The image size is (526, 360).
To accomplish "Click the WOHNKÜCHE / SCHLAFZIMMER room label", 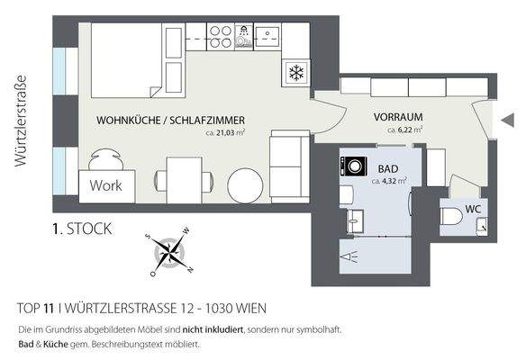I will click(x=170, y=120).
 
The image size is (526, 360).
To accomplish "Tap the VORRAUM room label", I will click(x=398, y=117).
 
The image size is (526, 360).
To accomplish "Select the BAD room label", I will click(x=389, y=168).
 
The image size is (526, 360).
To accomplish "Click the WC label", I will click(x=473, y=210).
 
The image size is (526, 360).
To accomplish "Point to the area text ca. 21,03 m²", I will click(x=225, y=132).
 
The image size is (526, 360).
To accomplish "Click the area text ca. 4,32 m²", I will click(x=389, y=180).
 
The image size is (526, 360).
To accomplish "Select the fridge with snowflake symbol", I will click(x=295, y=71).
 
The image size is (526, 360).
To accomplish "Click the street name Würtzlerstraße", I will click(x=19, y=121).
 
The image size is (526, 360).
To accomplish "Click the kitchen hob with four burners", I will click(x=220, y=35).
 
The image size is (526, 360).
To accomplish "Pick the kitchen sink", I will click(x=268, y=35).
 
